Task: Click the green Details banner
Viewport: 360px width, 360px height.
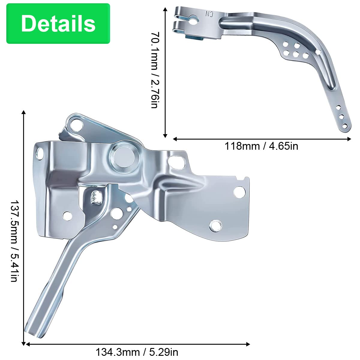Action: pyautogui.click(x=58, y=23)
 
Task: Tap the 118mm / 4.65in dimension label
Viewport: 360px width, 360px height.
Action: pyautogui.click(x=261, y=146)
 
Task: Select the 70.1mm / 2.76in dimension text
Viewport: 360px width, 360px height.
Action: pyautogui.click(x=155, y=70)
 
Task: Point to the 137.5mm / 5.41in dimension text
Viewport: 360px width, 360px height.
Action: pyautogui.click(x=14, y=241)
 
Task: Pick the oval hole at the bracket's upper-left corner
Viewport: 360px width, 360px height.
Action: pyautogui.click(x=40, y=153)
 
